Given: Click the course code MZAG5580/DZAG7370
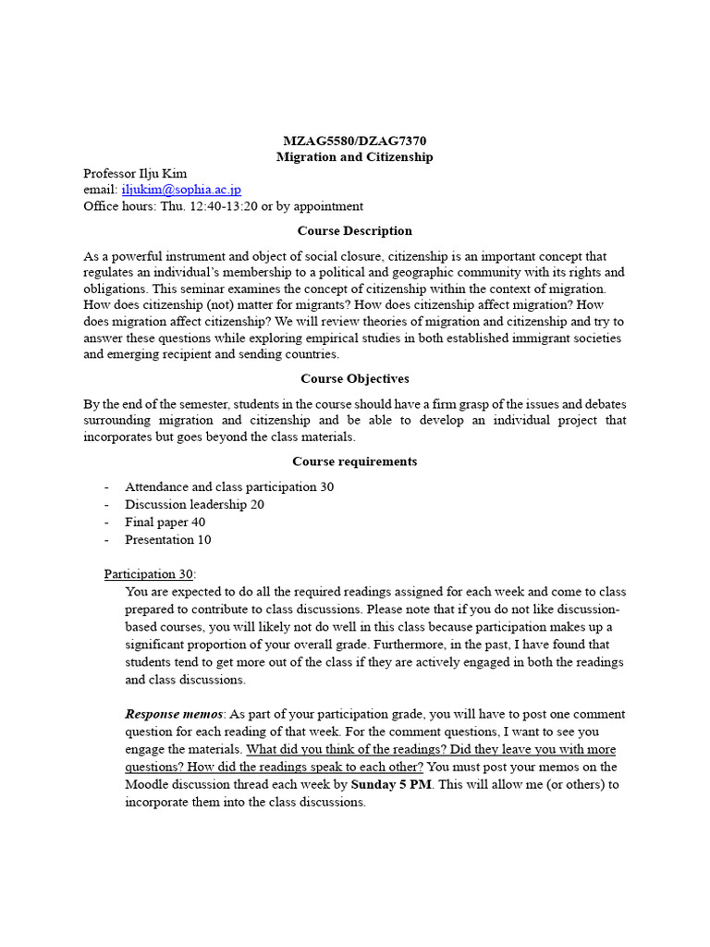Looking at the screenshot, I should point(355,141).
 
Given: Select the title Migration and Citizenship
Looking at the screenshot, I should point(355,157).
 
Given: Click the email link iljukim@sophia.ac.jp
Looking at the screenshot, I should point(181,190).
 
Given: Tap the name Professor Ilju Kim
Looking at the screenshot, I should point(134,173).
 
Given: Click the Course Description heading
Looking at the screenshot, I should point(355,231).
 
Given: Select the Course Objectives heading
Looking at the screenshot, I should point(355,379).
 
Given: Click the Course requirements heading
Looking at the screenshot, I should point(355,461).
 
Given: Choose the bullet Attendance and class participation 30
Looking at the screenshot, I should point(229,486).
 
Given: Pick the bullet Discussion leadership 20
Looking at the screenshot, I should point(194,504).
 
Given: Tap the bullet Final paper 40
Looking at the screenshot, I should point(165,522).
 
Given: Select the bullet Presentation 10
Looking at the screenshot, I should point(168,539).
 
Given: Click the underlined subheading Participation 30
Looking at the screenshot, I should point(148,574).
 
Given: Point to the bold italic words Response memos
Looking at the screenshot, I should point(174,715).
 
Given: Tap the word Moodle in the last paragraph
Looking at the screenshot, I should point(148,784).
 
